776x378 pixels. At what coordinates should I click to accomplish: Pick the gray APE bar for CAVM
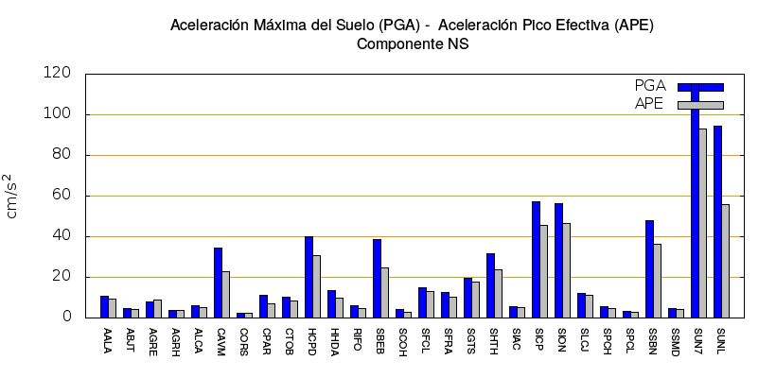click(226, 294)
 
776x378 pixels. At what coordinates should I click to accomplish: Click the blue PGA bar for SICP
click(536, 259)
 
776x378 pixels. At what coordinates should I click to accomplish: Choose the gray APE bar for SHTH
click(499, 293)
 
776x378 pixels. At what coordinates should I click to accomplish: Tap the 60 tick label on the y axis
click(62, 196)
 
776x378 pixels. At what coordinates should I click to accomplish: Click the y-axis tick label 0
click(67, 318)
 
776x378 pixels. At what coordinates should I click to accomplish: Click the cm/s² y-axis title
click(11, 196)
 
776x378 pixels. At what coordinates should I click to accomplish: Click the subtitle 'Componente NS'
click(412, 43)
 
